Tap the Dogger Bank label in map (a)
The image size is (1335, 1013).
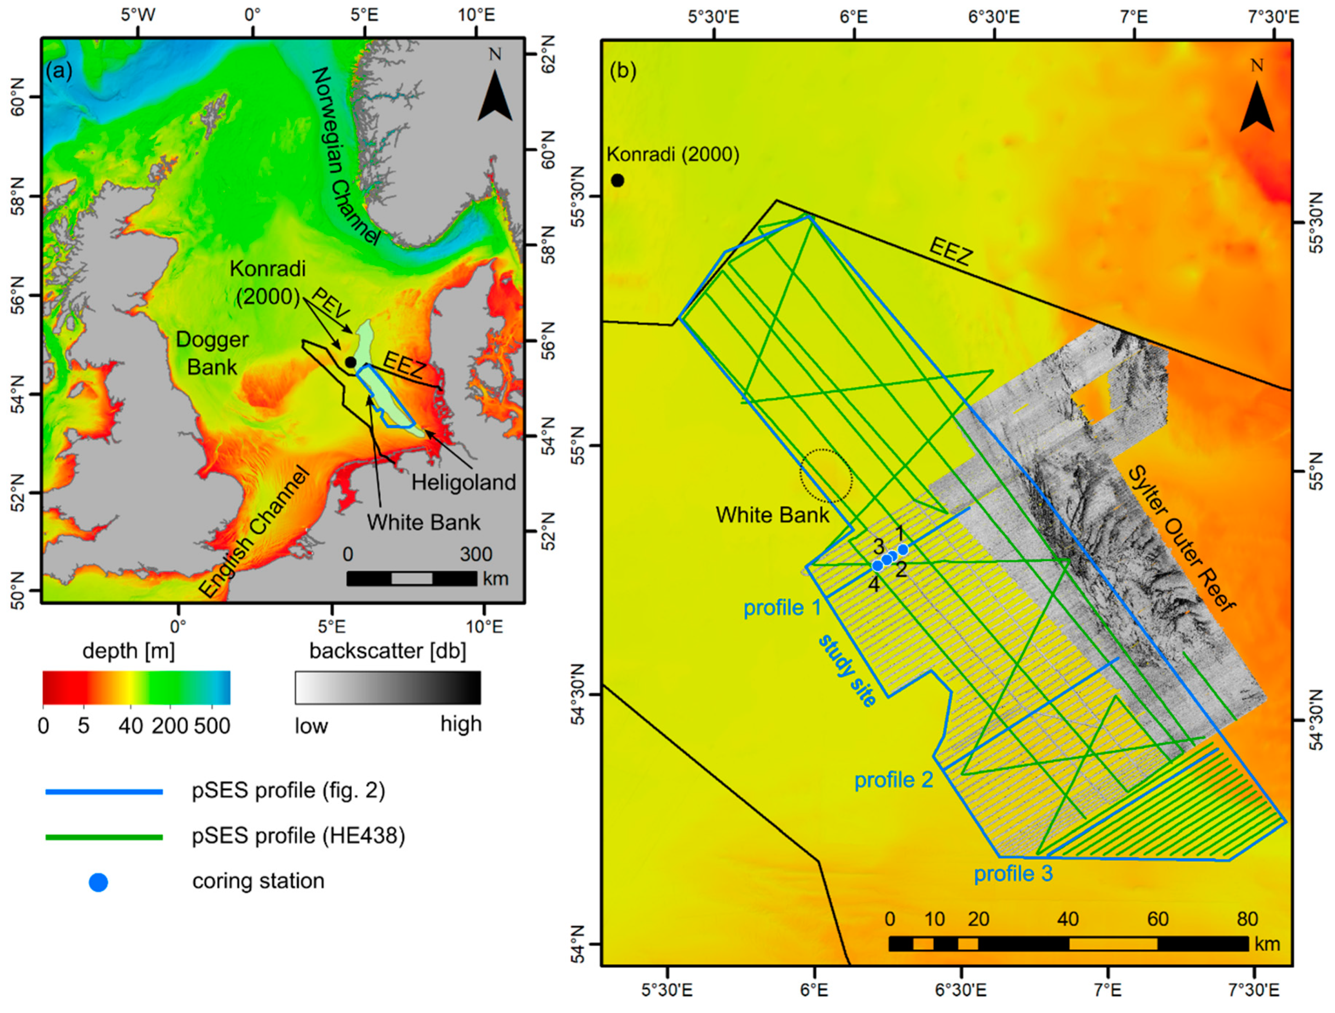click(212, 353)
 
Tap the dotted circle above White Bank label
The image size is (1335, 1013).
click(825, 476)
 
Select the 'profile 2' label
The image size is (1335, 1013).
click(893, 780)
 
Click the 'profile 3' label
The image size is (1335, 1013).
click(1013, 874)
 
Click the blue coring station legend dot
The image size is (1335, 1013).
click(98, 883)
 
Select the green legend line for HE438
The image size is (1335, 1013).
click(104, 837)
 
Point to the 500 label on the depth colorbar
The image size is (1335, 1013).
click(212, 726)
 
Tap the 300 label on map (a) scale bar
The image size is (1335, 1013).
click(476, 554)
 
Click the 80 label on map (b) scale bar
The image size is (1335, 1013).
click(1247, 919)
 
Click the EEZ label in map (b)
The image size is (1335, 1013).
click(951, 252)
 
